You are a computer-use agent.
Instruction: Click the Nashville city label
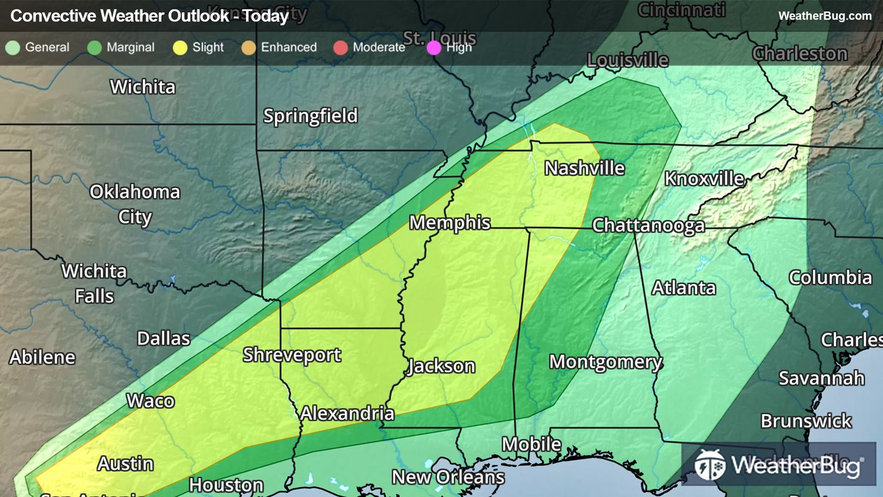coord(584,168)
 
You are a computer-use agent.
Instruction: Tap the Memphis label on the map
coord(450,223)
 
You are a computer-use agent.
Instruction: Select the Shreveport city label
coord(292,355)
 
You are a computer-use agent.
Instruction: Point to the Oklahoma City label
coord(135,204)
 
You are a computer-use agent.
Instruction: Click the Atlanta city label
coord(683,288)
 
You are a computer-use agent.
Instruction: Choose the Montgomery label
coord(606,362)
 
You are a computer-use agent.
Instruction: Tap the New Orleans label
coord(448,477)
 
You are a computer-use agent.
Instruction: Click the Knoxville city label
coord(704,178)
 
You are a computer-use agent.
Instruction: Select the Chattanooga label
coord(648,226)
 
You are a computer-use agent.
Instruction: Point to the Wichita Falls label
coord(94,283)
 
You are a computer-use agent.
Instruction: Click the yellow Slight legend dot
coord(180,48)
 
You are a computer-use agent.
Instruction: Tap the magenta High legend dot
coord(434,48)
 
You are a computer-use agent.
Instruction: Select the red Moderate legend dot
coord(340,48)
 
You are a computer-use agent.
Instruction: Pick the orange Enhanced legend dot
coord(248,48)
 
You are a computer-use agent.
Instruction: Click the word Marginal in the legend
coord(130,48)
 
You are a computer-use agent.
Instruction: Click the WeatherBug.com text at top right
coord(825,16)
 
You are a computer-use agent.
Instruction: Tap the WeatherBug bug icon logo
coord(709,465)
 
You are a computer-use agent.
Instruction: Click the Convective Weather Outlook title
coord(150,16)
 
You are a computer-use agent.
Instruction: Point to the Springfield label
coord(310,116)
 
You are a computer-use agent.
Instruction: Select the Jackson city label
coord(441,366)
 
